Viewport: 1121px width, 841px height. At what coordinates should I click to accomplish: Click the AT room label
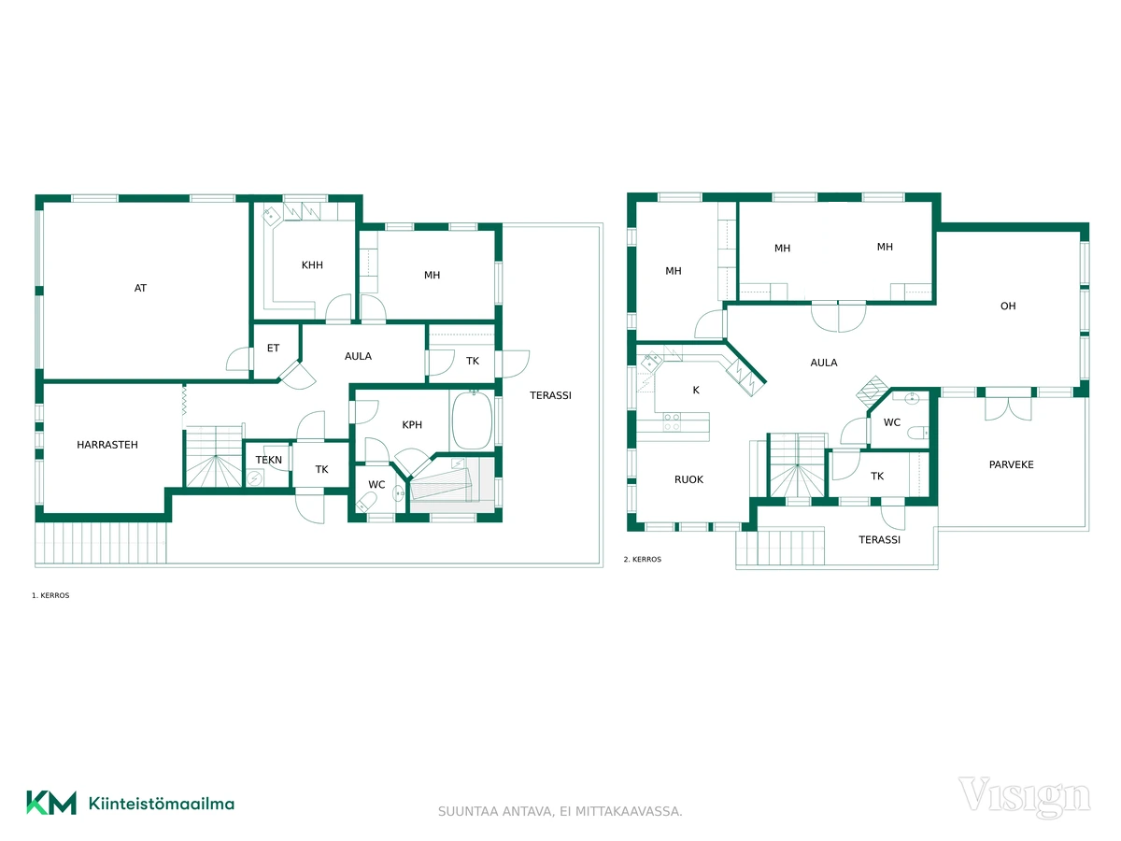[140, 288]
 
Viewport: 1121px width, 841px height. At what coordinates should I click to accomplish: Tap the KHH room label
[312, 265]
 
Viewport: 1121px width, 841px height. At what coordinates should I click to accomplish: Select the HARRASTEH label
[107, 445]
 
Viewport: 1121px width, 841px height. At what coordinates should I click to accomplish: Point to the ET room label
[273, 349]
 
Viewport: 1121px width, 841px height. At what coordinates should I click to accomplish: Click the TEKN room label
[269, 460]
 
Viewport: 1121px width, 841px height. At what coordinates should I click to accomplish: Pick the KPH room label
[412, 425]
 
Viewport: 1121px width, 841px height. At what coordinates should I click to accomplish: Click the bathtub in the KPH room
[473, 420]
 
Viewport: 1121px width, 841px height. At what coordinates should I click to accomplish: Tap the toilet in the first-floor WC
[365, 502]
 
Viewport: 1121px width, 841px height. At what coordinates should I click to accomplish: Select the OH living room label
[1008, 306]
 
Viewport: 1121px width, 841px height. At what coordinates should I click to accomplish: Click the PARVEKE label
[1011, 464]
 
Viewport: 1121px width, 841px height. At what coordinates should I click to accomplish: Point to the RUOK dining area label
[688, 479]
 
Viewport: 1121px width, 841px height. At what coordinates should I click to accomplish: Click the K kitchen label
[696, 390]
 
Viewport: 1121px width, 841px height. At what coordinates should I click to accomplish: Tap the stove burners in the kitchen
[672, 421]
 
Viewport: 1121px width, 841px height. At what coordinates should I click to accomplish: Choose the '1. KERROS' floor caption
[50, 595]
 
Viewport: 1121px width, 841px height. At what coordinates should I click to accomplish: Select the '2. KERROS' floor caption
[643, 559]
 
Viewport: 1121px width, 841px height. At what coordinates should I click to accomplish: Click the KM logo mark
[51, 803]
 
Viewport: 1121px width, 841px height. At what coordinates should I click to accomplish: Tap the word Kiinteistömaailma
[162, 804]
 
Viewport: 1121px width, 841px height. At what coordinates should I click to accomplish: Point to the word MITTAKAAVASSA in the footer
[629, 811]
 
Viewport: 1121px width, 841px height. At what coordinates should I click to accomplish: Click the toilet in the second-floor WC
[918, 433]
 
